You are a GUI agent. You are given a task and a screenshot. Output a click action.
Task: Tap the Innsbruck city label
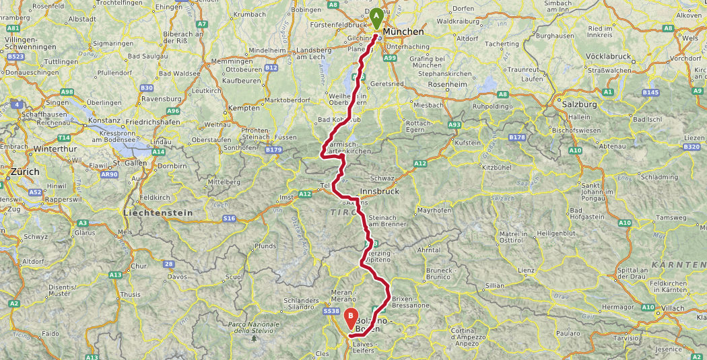click(x=380, y=191)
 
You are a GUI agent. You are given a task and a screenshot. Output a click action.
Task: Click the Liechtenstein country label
click(x=158, y=213)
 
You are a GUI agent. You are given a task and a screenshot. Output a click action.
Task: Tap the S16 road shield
click(x=230, y=219)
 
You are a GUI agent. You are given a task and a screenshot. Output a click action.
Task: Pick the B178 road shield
click(x=517, y=137)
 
